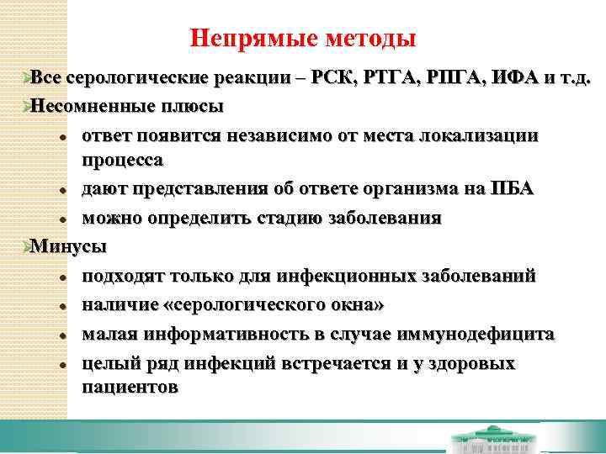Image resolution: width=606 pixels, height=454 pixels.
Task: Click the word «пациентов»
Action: point(130,387)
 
